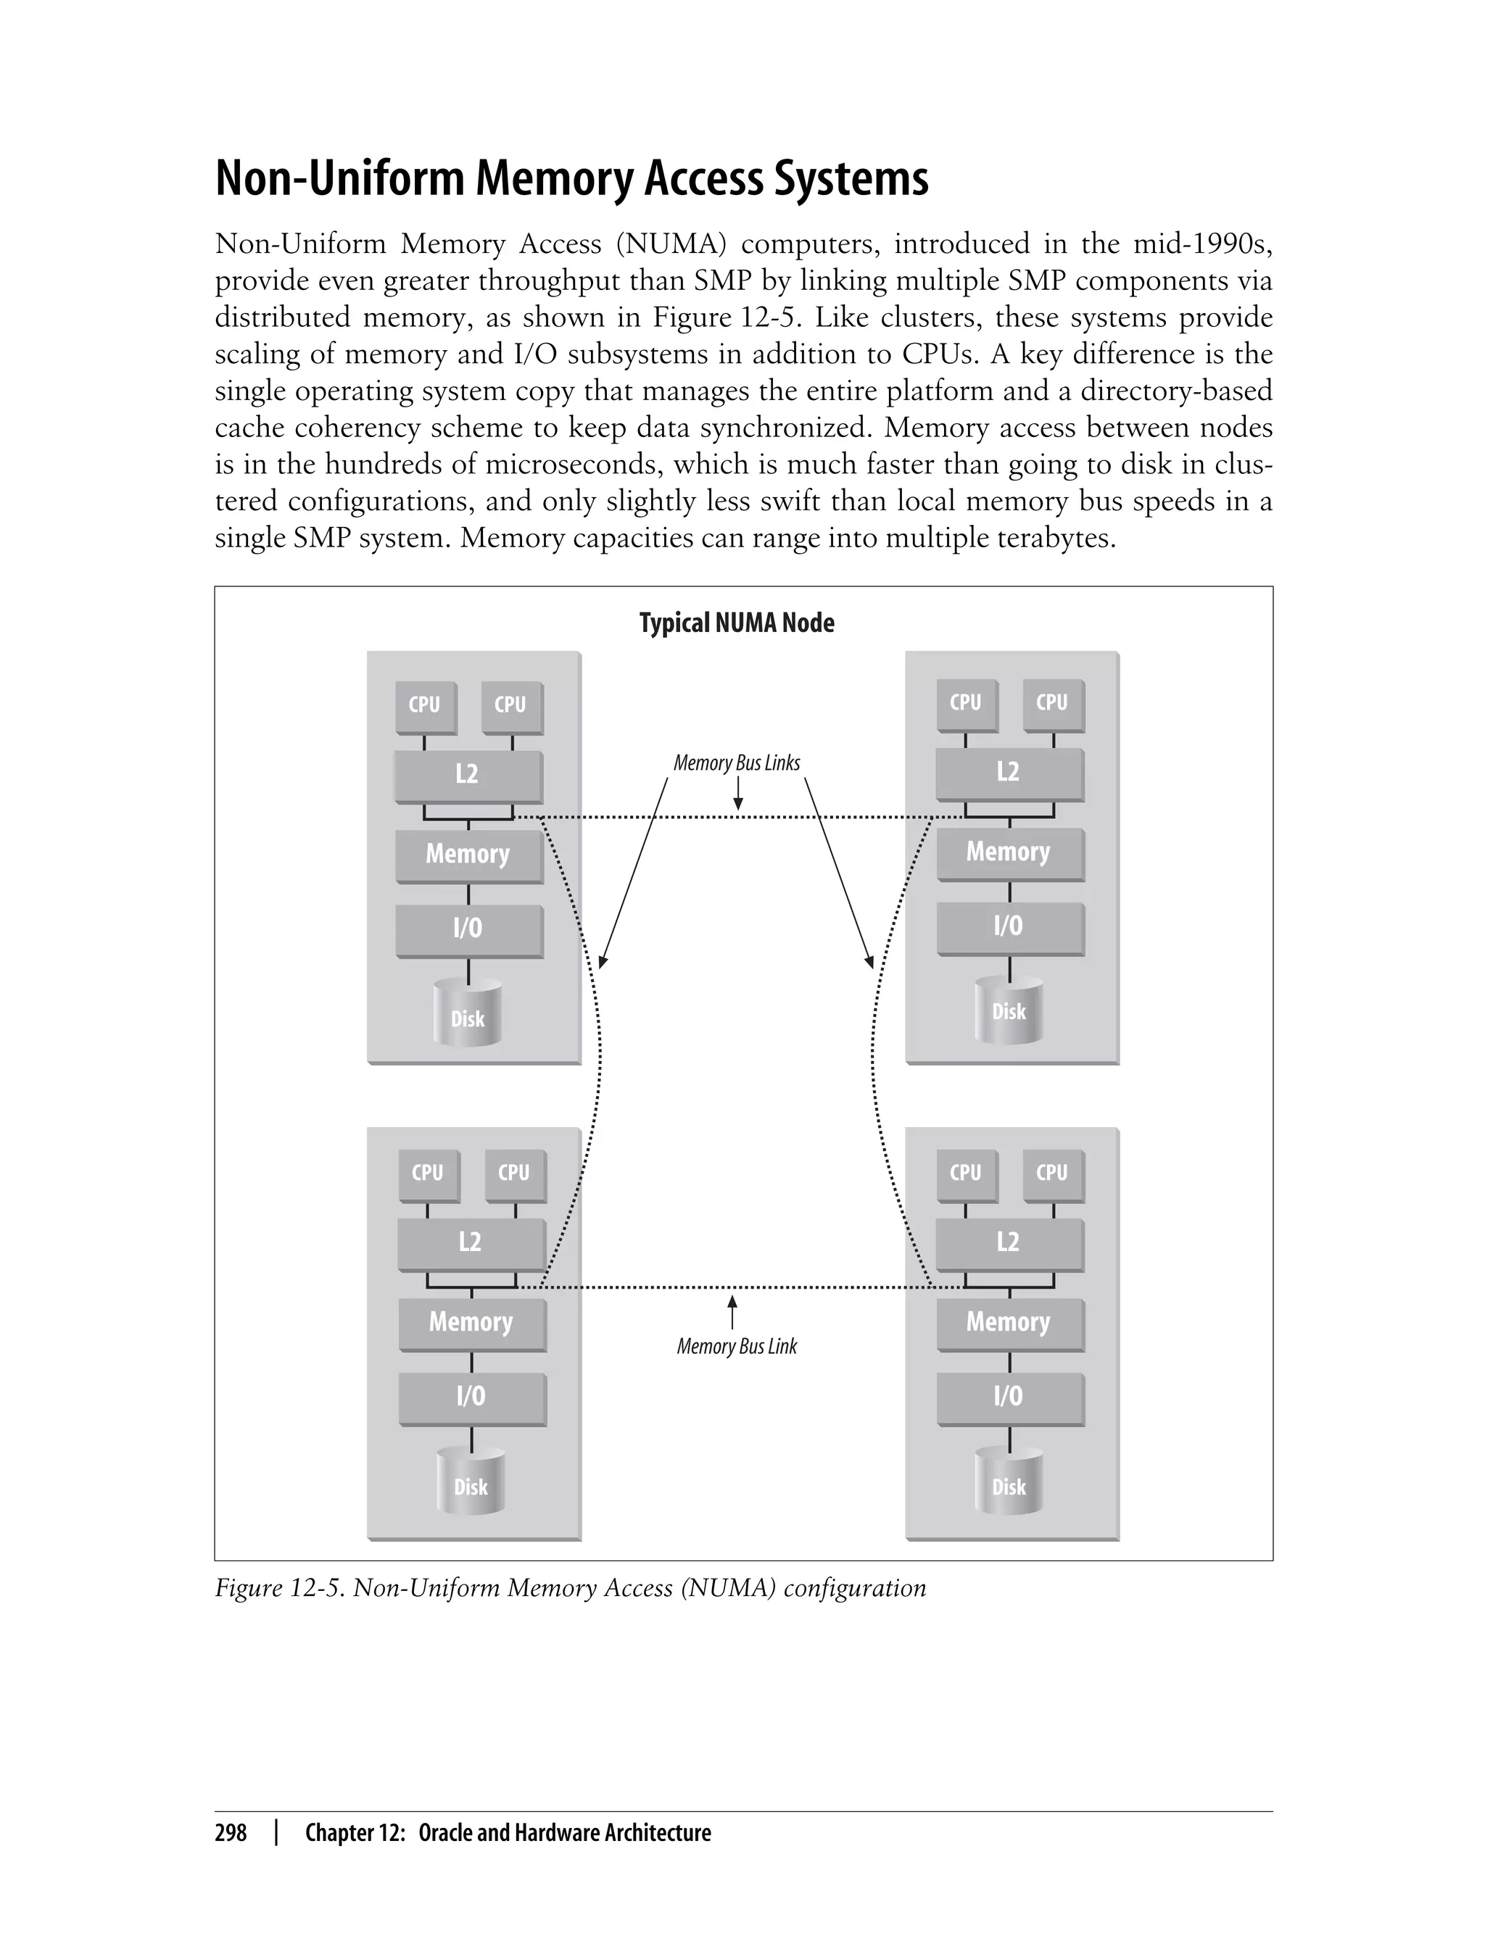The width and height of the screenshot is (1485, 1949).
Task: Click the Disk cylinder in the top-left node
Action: point(468,1016)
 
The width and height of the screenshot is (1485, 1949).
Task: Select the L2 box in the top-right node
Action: point(1009,772)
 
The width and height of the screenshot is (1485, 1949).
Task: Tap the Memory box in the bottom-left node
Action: point(471,1322)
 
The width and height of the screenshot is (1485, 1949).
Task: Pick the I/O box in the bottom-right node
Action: point(1009,1396)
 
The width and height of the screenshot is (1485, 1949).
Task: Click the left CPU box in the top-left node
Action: point(425,705)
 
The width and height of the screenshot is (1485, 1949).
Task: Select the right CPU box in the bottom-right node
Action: point(1052,1173)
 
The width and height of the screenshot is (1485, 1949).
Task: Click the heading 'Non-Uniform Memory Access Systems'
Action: point(572,178)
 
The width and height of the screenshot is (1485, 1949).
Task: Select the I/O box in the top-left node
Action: point(468,928)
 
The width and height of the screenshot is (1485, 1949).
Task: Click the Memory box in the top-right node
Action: point(1009,852)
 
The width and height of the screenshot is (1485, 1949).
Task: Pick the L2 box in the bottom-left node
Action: point(471,1242)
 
